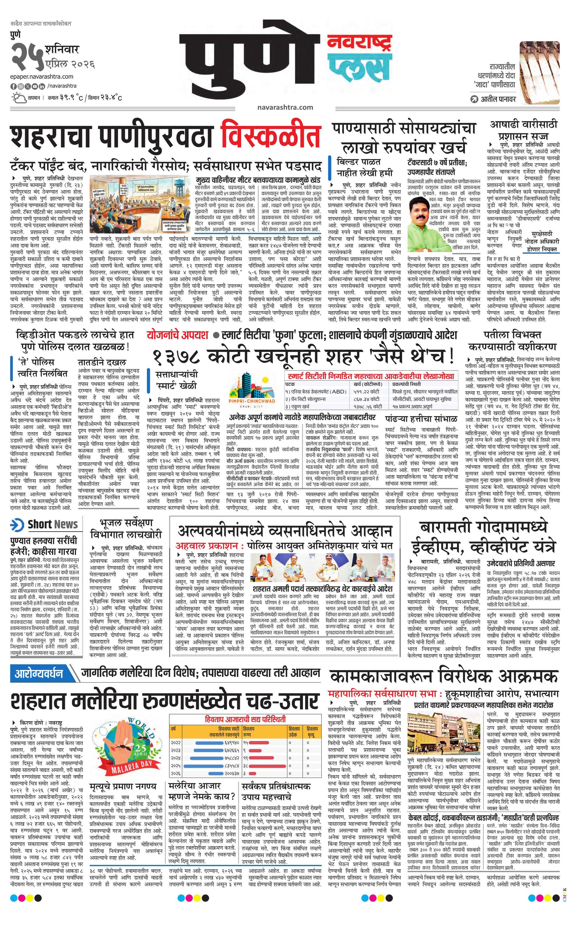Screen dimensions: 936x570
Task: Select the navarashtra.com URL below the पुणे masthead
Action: (285, 107)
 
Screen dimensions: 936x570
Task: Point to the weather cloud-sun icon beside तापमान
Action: (18, 98)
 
